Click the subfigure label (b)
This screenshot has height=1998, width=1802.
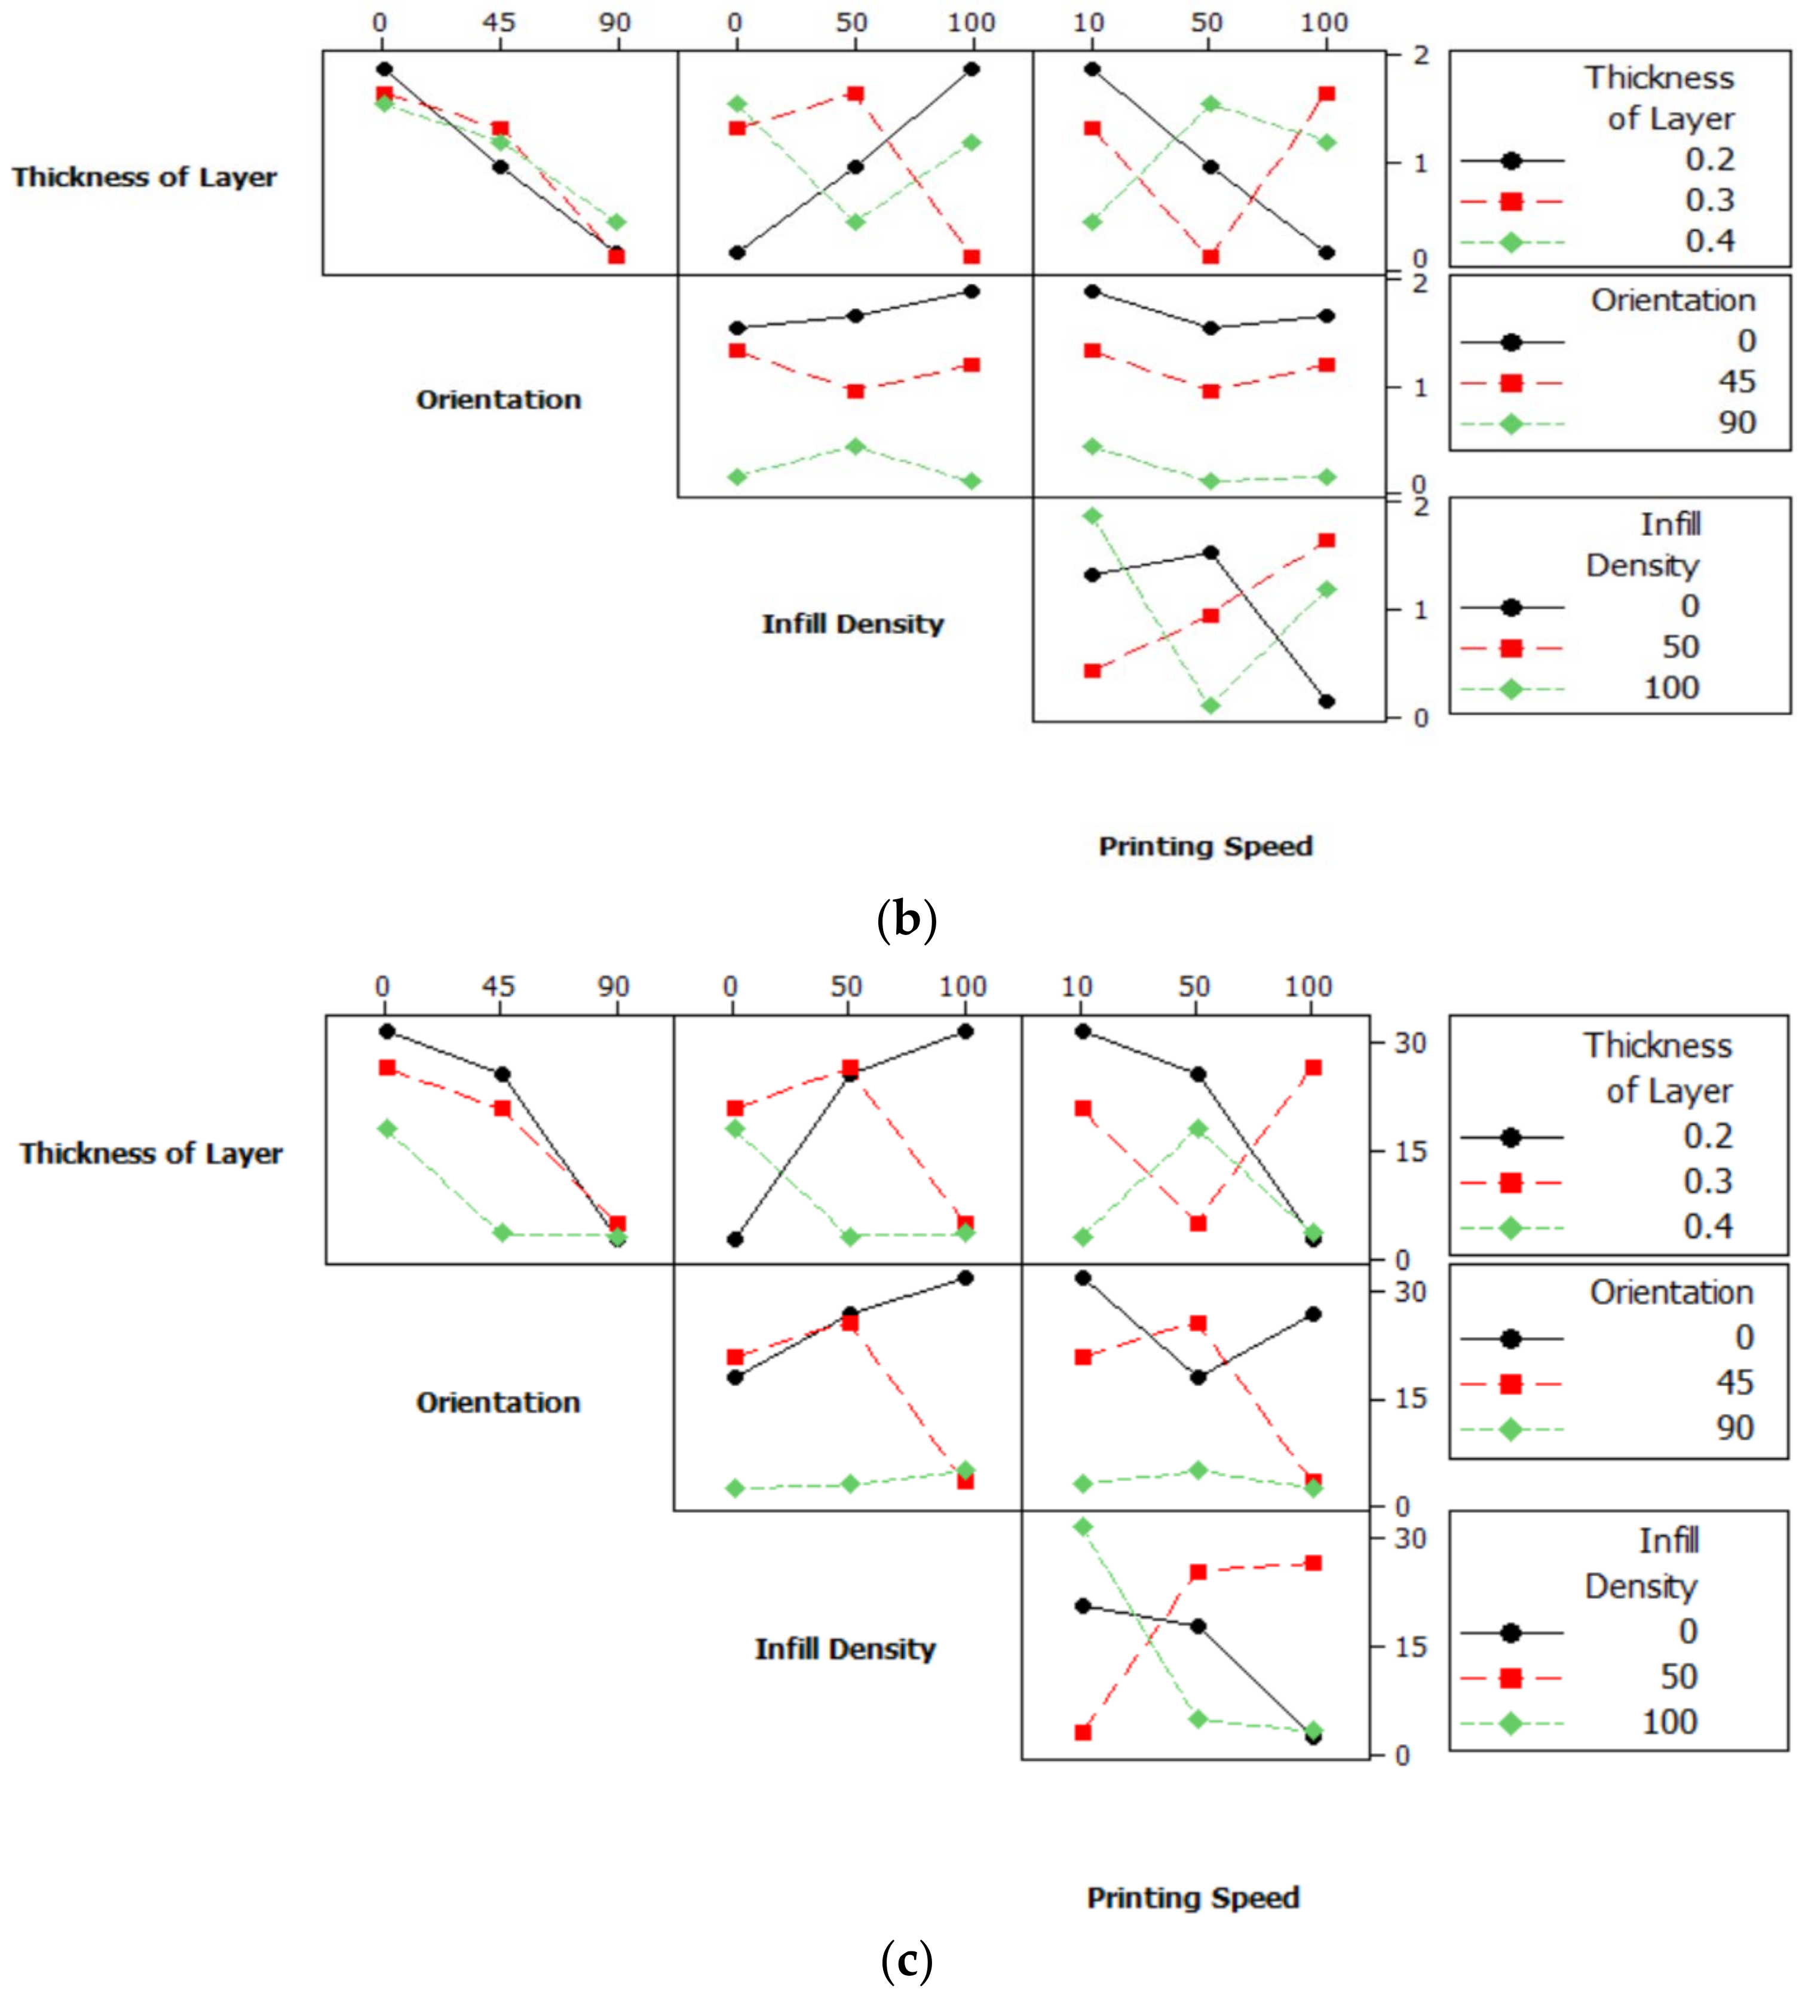[906, 919]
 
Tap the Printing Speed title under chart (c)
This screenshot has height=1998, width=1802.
[1193, 1897]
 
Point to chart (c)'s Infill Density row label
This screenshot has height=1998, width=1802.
[845, 1648]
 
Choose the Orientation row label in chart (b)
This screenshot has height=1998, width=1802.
[498, 400]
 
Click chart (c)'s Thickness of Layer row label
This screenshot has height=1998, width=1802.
[151, 1154]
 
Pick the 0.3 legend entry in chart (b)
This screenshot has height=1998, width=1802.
[1710, 201]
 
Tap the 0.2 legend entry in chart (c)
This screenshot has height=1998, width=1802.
[1708, 1136]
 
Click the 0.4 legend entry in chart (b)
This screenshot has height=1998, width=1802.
[1710, 241]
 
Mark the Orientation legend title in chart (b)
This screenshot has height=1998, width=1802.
[1672, 300]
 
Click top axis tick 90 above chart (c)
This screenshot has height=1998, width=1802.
[614, 986]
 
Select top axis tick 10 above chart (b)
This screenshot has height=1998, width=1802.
[1089, 22]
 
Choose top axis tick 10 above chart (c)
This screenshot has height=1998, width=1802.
[1077, 986]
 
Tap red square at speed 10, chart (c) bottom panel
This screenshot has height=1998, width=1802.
[1083, 1733]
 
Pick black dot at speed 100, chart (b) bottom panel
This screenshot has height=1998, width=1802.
[1327, 701]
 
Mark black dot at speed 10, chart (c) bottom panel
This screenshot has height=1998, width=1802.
[1083, 1606]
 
